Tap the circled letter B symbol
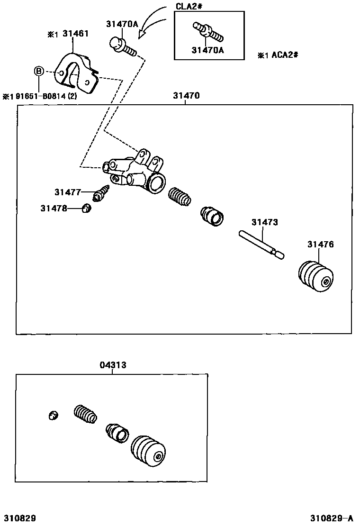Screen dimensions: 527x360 click(39, 72)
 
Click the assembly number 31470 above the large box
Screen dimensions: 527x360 click(186, 95)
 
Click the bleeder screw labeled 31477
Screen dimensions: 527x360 click(102, 192)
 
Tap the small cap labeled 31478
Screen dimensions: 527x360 click(86, 208)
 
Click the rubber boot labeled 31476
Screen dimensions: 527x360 click(316, 275)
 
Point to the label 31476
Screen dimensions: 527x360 click(320, 245)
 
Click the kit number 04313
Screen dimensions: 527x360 click(113, 365)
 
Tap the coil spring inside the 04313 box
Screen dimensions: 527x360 click(86, 413)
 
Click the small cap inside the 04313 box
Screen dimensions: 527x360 click(54, 415)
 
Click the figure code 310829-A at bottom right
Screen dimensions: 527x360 click(332, 517)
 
